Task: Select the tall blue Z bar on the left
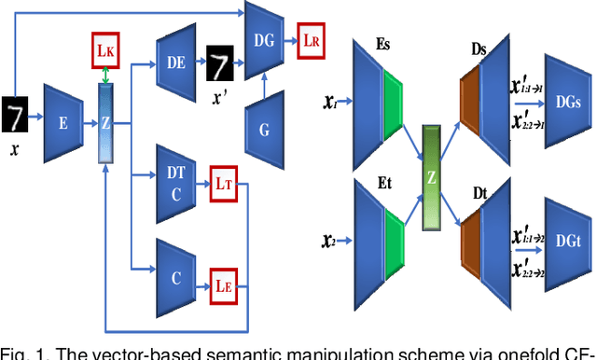click(x=105, y=121)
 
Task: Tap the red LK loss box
click(x=104, y=48)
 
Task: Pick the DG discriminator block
click(x=263, y=39)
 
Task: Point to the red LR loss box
click(x=311, y=40)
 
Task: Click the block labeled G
click(x=264, y=130)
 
